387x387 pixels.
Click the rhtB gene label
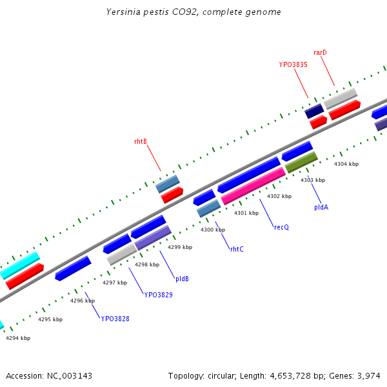[141, 141]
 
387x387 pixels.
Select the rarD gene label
[320, 52]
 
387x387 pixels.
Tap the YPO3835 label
[293, 64]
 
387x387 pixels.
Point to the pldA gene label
[321, 207]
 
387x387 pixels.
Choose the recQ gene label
[281, 227]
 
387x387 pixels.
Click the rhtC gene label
[237, 249]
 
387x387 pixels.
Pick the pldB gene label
[182, 279]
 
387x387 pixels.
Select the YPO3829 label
[158, 295]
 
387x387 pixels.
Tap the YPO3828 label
[115, 319]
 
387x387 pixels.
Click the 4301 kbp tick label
[246, 213]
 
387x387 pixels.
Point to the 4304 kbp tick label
[346, 164]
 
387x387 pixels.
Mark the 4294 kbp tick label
[18, 337]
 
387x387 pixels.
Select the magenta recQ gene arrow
[253, 186]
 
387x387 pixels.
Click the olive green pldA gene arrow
[301, 162]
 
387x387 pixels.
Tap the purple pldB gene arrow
[153, 237]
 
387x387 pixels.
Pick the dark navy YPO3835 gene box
[314, 111]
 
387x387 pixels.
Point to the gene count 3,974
[370, 375]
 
